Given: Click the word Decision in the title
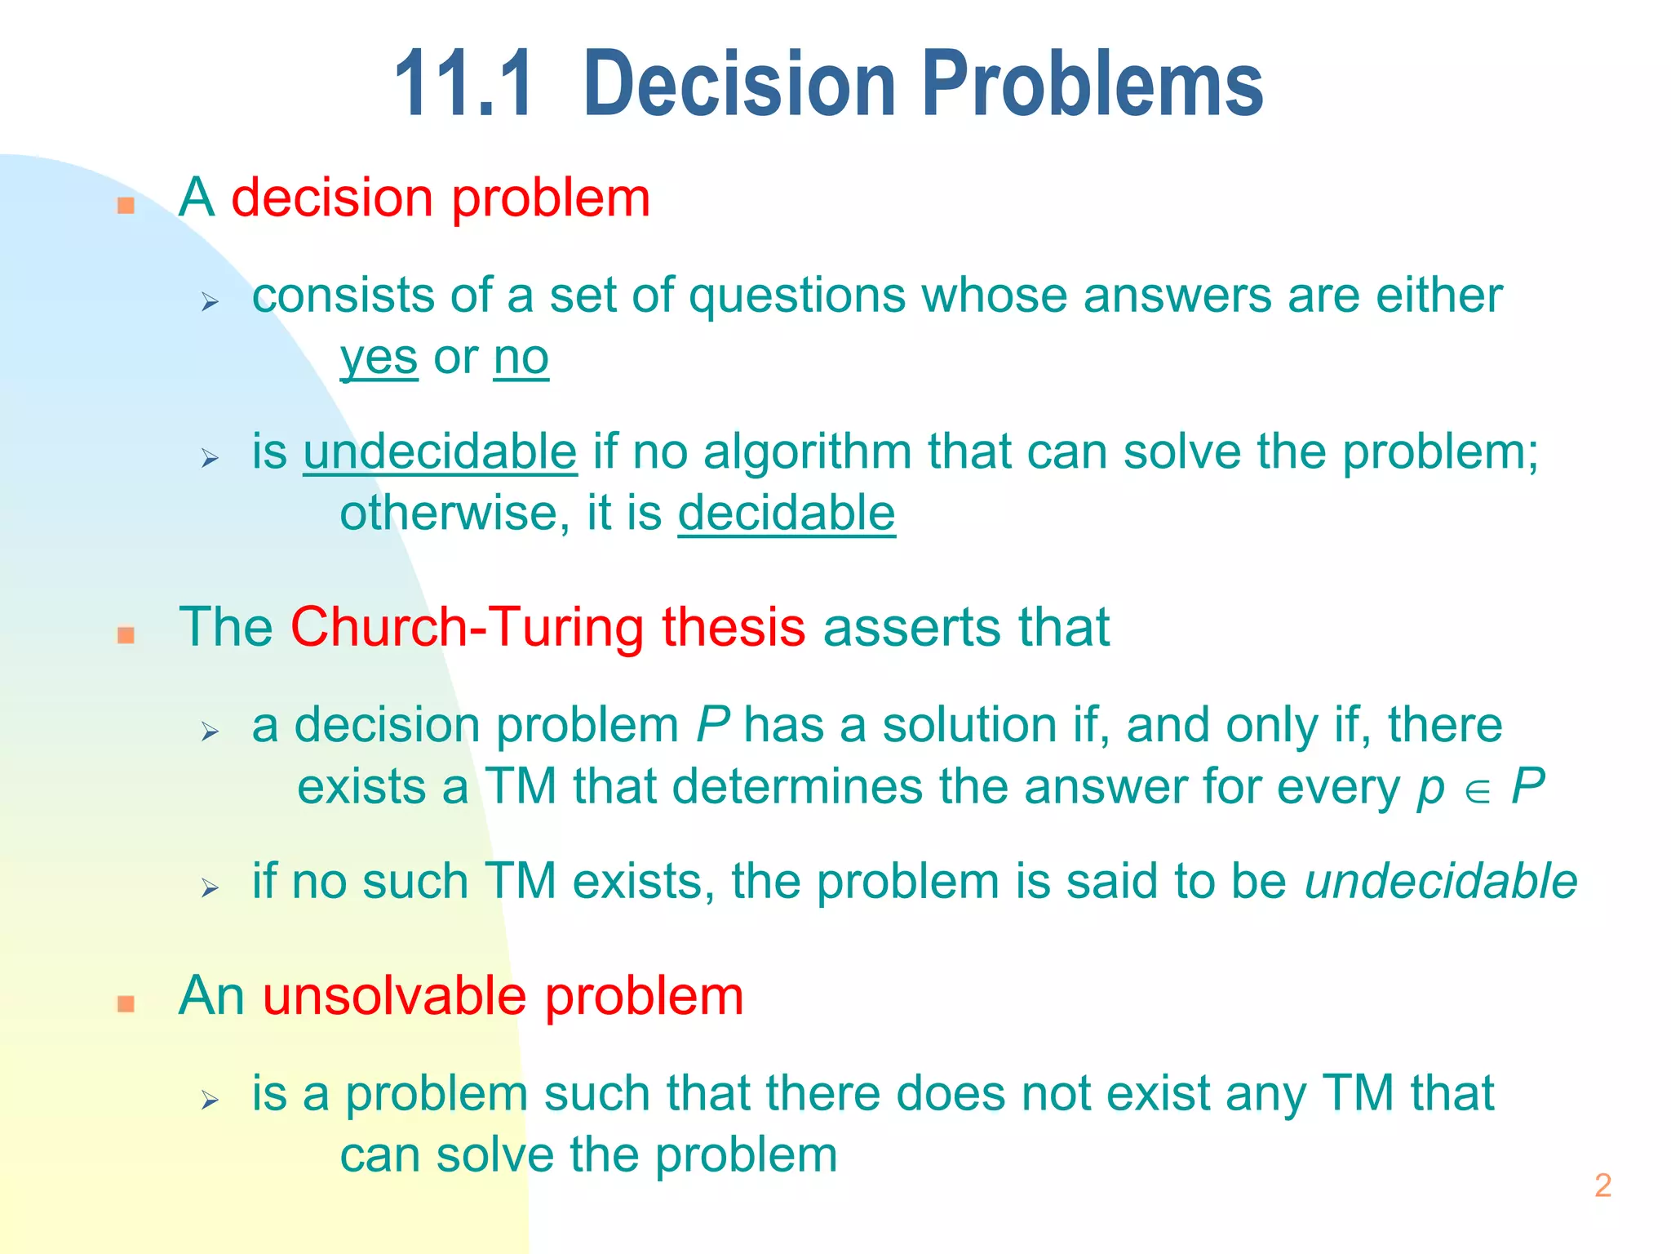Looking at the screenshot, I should point(739,84).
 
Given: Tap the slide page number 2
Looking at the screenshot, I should point(1602,1185).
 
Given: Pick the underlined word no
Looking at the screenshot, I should point(521,358).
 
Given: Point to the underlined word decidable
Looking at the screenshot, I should point(787,514).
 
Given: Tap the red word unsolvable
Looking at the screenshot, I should point(394,997).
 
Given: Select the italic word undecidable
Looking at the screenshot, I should point(1441,882).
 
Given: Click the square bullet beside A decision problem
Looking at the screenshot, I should point(126,205).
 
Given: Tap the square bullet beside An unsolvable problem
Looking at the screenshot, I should point(126,1003).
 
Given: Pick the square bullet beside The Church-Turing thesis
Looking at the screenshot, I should point(126,634).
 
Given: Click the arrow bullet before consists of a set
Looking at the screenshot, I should point(211,303).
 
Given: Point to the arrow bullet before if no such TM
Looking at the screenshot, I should point(211,888).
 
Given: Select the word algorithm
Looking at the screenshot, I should point(807,453).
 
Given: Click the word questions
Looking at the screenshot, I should point(796,296).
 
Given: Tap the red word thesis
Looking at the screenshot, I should point(733,627).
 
